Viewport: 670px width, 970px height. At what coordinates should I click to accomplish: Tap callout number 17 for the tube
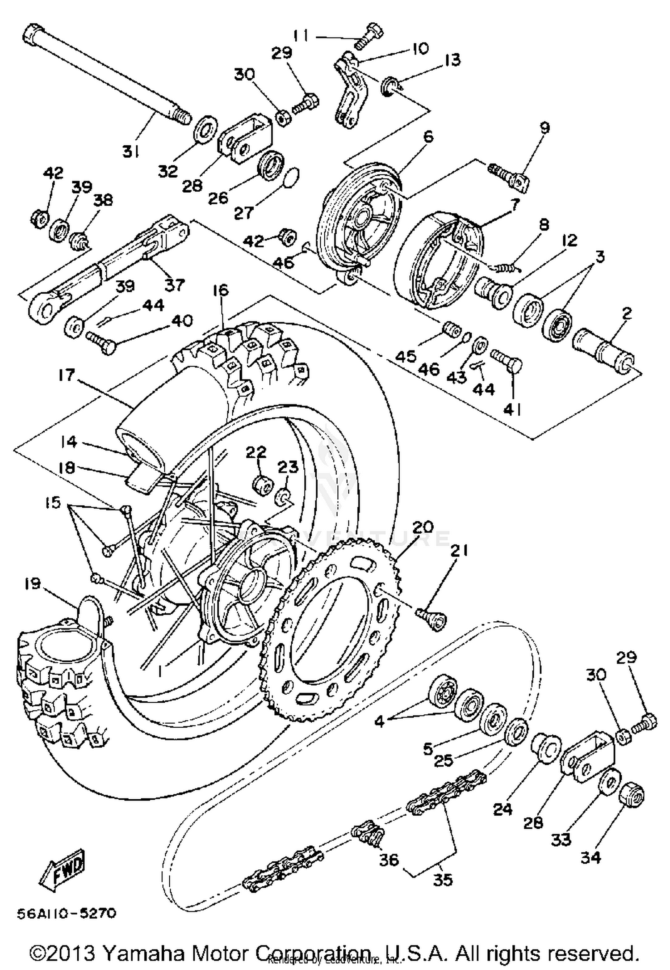point(66,375)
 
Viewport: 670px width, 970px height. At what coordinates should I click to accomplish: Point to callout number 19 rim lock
point(33,584)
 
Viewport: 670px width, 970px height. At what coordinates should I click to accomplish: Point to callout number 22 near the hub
point(256,452)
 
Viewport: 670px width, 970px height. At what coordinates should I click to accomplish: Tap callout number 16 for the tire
point(221,291)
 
